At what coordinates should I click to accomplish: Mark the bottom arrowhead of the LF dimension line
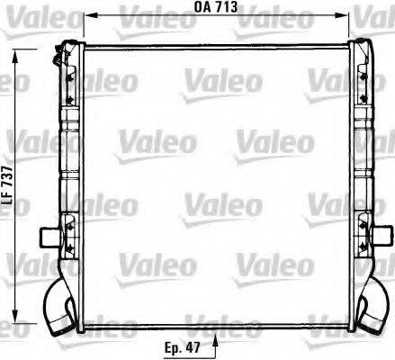[x=14, y=320]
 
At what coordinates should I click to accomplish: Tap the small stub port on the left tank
[x=49, y=238]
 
